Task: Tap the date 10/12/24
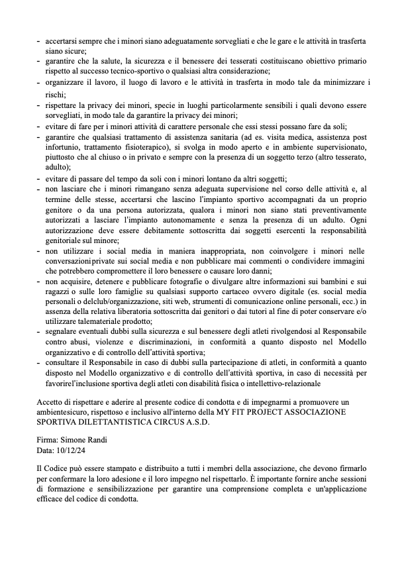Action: (74, 450)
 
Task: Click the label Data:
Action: (47, 450)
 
